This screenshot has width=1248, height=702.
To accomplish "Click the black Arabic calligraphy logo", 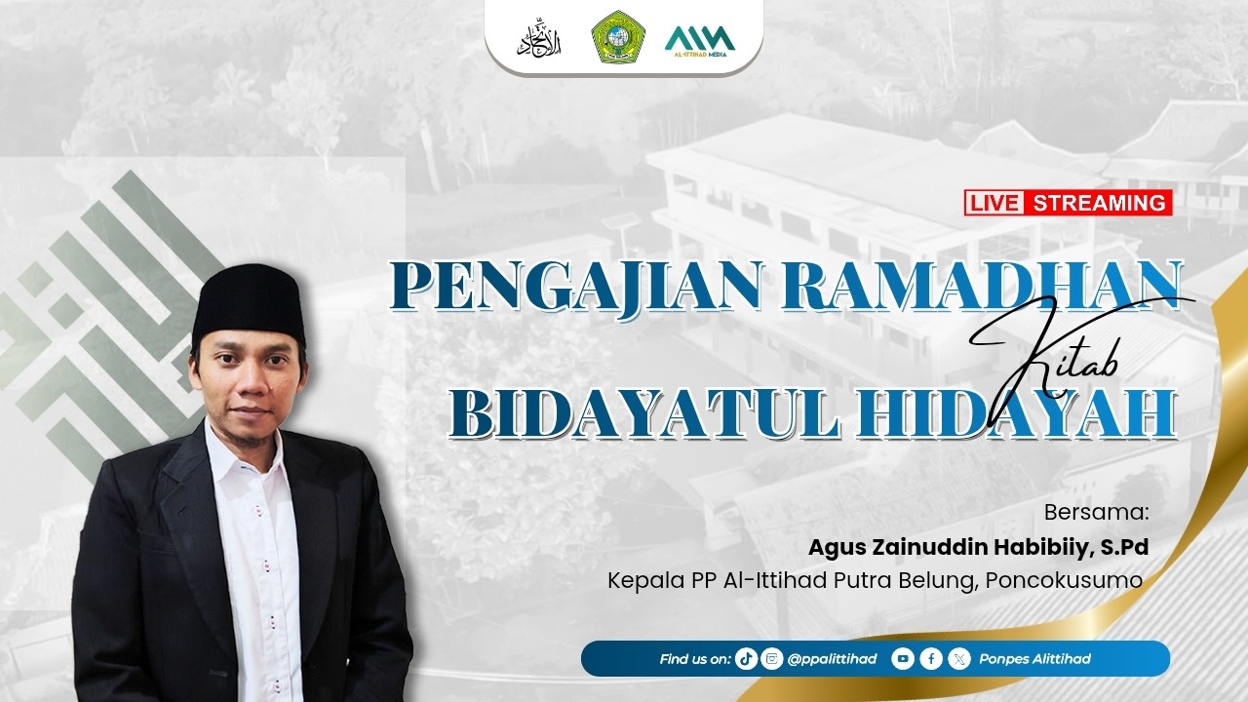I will click(535, 38).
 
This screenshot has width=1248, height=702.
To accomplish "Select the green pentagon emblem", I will click(618, 37).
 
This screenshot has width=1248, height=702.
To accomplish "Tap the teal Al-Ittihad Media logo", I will click(699, 38).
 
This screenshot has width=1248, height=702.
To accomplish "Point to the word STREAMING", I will click(1099, 203).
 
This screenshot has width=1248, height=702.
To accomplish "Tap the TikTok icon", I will click(747, 659).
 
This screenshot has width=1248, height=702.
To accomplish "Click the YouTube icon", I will click(903, 659).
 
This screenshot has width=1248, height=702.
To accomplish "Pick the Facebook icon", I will click(931, 659).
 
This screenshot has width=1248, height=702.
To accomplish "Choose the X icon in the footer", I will click(959, 659).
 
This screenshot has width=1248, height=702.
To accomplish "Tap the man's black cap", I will click(248, 299).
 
